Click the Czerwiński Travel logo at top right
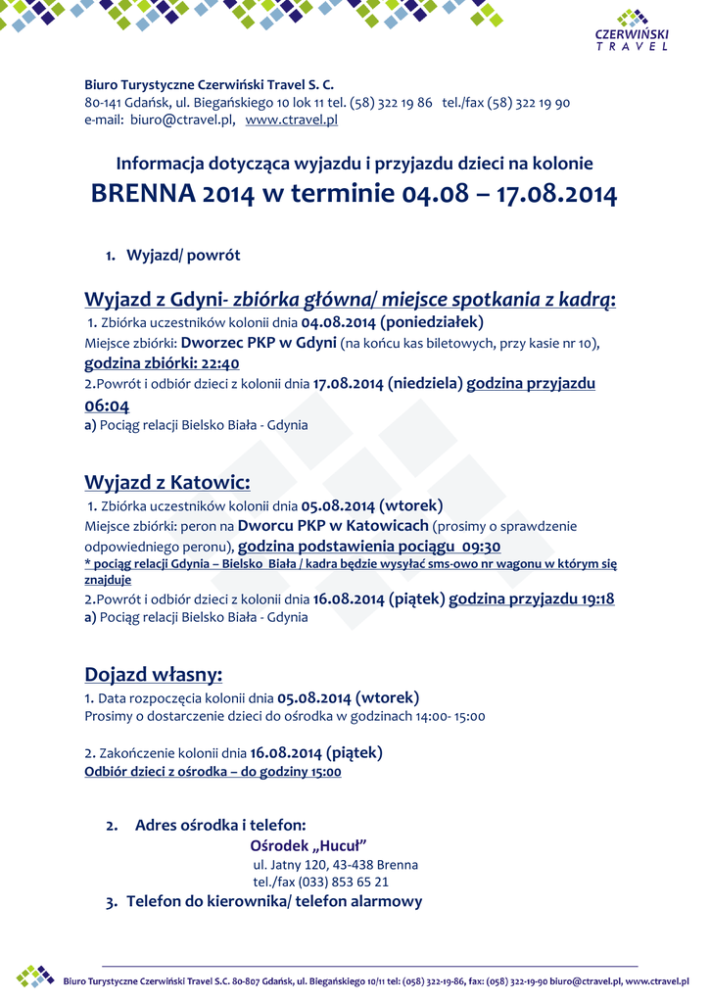tap(632, 31)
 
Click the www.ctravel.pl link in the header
tap(291, 119)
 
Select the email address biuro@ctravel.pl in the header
tap(180, 119)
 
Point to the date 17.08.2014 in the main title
tap(556, 194)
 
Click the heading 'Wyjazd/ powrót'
tap(183, 256)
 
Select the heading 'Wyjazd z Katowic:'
tap(167, 483)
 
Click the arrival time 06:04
tap(107, 406)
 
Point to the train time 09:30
tap(480, 547)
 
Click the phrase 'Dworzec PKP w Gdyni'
tap(259, 343)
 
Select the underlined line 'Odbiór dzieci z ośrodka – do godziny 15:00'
tap(213, 772)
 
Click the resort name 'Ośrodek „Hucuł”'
tap(308, 845)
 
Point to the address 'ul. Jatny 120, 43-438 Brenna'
tap(335, 865)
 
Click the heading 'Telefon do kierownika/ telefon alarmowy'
tap(274, 901)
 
